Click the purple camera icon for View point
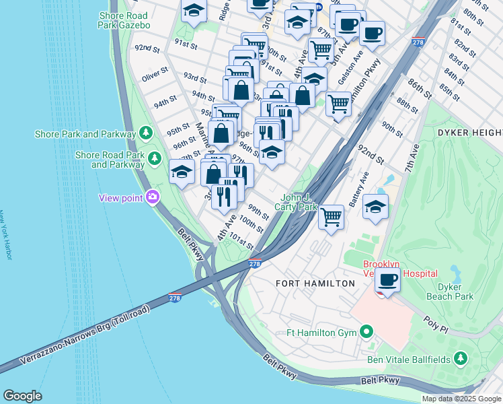click(153, 197)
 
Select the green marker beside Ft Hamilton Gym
click(366, 331)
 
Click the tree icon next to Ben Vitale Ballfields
click(461, 359)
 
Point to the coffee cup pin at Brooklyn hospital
click(387, 279)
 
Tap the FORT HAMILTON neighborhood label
click(315, 283)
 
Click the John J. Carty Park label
click(299, 203)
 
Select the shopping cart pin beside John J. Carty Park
click(331, 217)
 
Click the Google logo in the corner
click(22, 396)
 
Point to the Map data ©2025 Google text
click(461, 399)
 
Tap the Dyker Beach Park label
click(451, 291)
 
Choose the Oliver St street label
click(155, 77)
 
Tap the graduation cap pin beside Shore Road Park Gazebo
click(194, 11)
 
